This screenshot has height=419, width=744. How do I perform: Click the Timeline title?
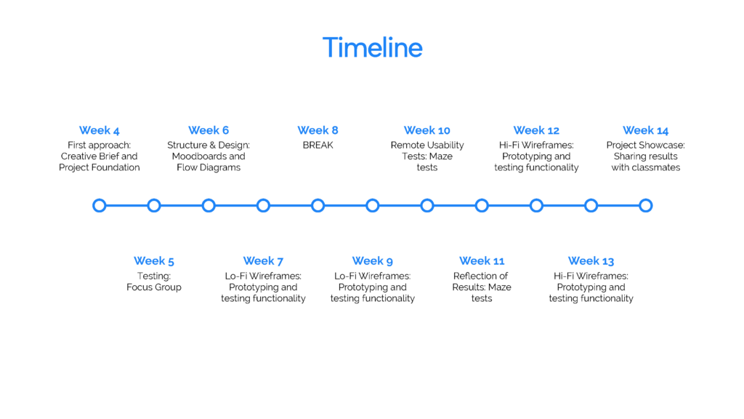tap(373, 47)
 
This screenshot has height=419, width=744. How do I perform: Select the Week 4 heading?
tap(99, 130)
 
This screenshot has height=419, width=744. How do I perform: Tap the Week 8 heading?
tap(318, 130)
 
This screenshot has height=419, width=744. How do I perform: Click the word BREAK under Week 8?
tap(318, 145)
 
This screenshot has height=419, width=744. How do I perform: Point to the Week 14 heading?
tap(646, 130)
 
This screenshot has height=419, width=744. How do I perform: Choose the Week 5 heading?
tap(154, 261)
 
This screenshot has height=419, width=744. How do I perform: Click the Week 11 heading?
tap(482, 261)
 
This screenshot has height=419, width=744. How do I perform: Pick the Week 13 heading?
tap(591, 261)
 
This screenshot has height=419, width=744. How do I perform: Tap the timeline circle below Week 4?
tap(99, 206)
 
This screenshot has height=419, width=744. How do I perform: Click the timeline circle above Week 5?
tap(154, 206)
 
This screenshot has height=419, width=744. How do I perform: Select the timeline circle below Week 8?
tap(318, 206)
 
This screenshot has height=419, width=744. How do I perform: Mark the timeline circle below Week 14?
tap(646, 206)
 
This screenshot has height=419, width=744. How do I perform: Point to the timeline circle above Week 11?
tap(482, 206)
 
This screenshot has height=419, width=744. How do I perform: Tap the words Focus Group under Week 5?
tap(154, 287)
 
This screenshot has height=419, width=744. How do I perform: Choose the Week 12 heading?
tap(536, 130)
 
